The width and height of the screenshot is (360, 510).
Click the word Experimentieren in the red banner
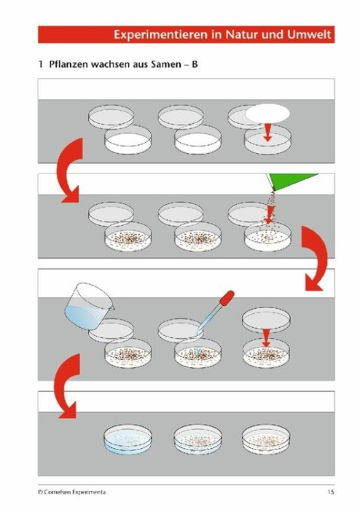[x=160, y=34]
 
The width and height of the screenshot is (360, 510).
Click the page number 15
[x=331, y=492]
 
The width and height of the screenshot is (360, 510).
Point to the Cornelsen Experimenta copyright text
[x=71, y=492]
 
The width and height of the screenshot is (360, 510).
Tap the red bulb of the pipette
[x=227, y=297]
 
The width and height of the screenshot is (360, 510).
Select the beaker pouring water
[x=88, y=306]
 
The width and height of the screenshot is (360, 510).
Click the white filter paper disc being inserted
[x=267, y=114]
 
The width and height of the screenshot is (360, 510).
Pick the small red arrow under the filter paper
[x=267, y=132]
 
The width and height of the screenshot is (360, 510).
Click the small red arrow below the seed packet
[x=269, y=216]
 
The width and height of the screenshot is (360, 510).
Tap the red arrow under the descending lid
[x=266, y=338]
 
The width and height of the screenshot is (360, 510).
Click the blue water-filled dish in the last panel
[x=128, y=439]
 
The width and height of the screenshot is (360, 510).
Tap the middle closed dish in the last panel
[x=197, y=439]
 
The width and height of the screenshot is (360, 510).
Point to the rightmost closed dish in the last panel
[x=266, y=439]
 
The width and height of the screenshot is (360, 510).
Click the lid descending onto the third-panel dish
[x=266, y=319]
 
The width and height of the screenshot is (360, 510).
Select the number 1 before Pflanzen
[x=40, y=64]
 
